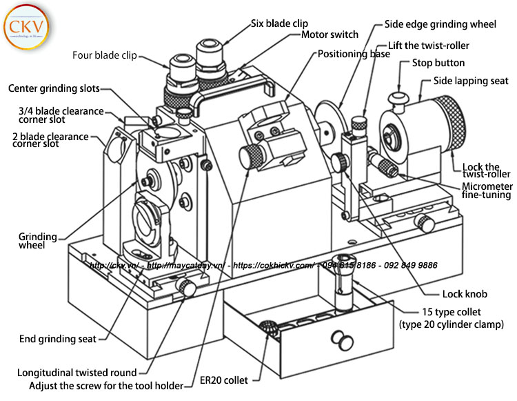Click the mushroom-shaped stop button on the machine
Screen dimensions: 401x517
coord(398,96)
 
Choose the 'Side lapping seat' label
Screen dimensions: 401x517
coord(471,81)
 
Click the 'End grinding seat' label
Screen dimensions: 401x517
coord(58,339)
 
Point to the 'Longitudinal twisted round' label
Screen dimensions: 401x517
coord(77,373)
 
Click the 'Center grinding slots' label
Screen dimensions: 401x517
coord(54,88)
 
